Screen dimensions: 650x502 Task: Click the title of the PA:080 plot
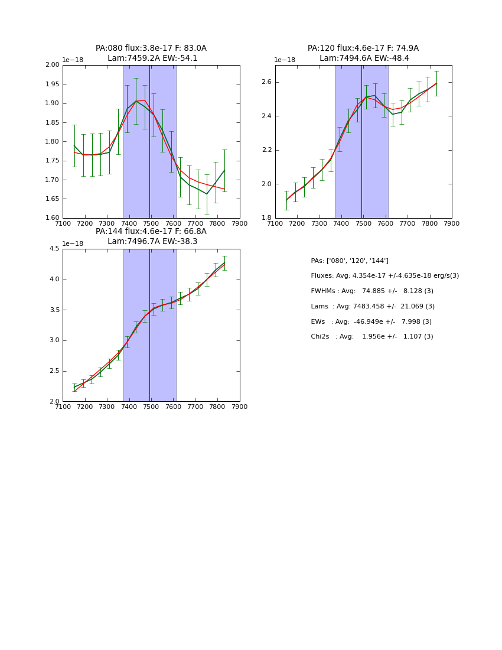coord(151,53)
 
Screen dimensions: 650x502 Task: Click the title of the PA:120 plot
coord(363,53)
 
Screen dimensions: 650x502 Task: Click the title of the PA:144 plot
coord(151,236)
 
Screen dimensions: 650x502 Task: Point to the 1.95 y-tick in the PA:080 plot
coord(53,84)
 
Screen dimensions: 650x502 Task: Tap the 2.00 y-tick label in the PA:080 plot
coord(53,65)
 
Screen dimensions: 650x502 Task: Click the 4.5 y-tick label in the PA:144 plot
coord(54,249)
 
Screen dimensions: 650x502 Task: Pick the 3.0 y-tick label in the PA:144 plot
coord(54,340)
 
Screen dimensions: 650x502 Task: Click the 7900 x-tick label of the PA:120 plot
coord(452,224)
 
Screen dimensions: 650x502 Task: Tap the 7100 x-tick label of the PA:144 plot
coord(63,407)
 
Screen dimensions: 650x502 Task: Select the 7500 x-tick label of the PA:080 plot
coord(151,224)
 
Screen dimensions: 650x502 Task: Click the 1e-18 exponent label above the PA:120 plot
coord(285,60)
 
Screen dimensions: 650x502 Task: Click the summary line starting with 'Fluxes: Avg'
coord(384,276)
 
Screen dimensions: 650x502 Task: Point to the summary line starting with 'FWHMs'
coord(372,291)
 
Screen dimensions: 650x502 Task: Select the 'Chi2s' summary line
coord(372,337)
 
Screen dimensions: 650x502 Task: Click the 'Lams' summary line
coord(373,307)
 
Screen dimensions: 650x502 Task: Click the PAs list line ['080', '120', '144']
coord(350,261)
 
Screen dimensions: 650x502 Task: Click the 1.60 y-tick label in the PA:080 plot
coord(53,218)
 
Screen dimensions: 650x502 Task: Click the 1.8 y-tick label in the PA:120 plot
coord(266,218)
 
